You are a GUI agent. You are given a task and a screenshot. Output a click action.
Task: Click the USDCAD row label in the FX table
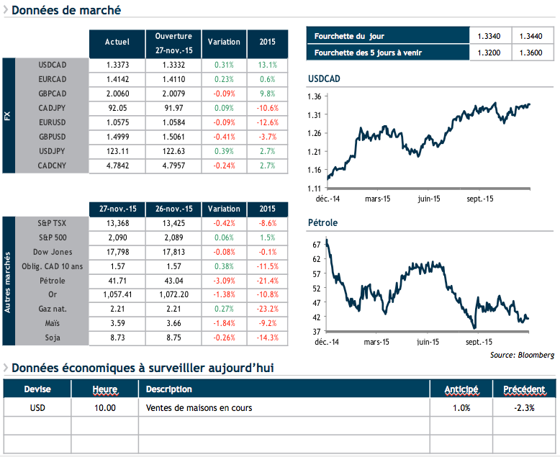pos(52,64)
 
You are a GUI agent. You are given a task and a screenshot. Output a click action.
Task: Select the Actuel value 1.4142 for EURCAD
pos(117,78)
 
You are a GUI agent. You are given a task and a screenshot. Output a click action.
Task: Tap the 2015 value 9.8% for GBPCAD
pos(267,93)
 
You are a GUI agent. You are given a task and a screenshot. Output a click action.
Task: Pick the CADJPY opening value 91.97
pos(173,107)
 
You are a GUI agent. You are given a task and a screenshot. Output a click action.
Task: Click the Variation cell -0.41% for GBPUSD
pos(224,136)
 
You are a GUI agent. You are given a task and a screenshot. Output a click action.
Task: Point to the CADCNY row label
pos(52,165)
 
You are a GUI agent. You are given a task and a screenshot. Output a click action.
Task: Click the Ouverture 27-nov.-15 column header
pos(173,42)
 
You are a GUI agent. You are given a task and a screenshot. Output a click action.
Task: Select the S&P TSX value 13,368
pos(117,222)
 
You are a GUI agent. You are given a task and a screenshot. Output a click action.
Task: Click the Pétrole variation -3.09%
pos(224,280)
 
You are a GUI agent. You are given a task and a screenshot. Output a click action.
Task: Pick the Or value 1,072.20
pos(173,294)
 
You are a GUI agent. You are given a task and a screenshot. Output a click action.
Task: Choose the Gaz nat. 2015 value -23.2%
pos(267,309)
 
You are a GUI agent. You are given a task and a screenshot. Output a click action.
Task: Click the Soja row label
pos(52,338)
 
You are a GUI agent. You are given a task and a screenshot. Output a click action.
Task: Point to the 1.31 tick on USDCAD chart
pos(314,114)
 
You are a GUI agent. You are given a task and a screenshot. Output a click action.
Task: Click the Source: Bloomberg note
pos(522,355)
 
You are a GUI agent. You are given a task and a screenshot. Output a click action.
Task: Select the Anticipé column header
pos(461,389)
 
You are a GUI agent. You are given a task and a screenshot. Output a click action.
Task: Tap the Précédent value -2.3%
pos(525,408)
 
